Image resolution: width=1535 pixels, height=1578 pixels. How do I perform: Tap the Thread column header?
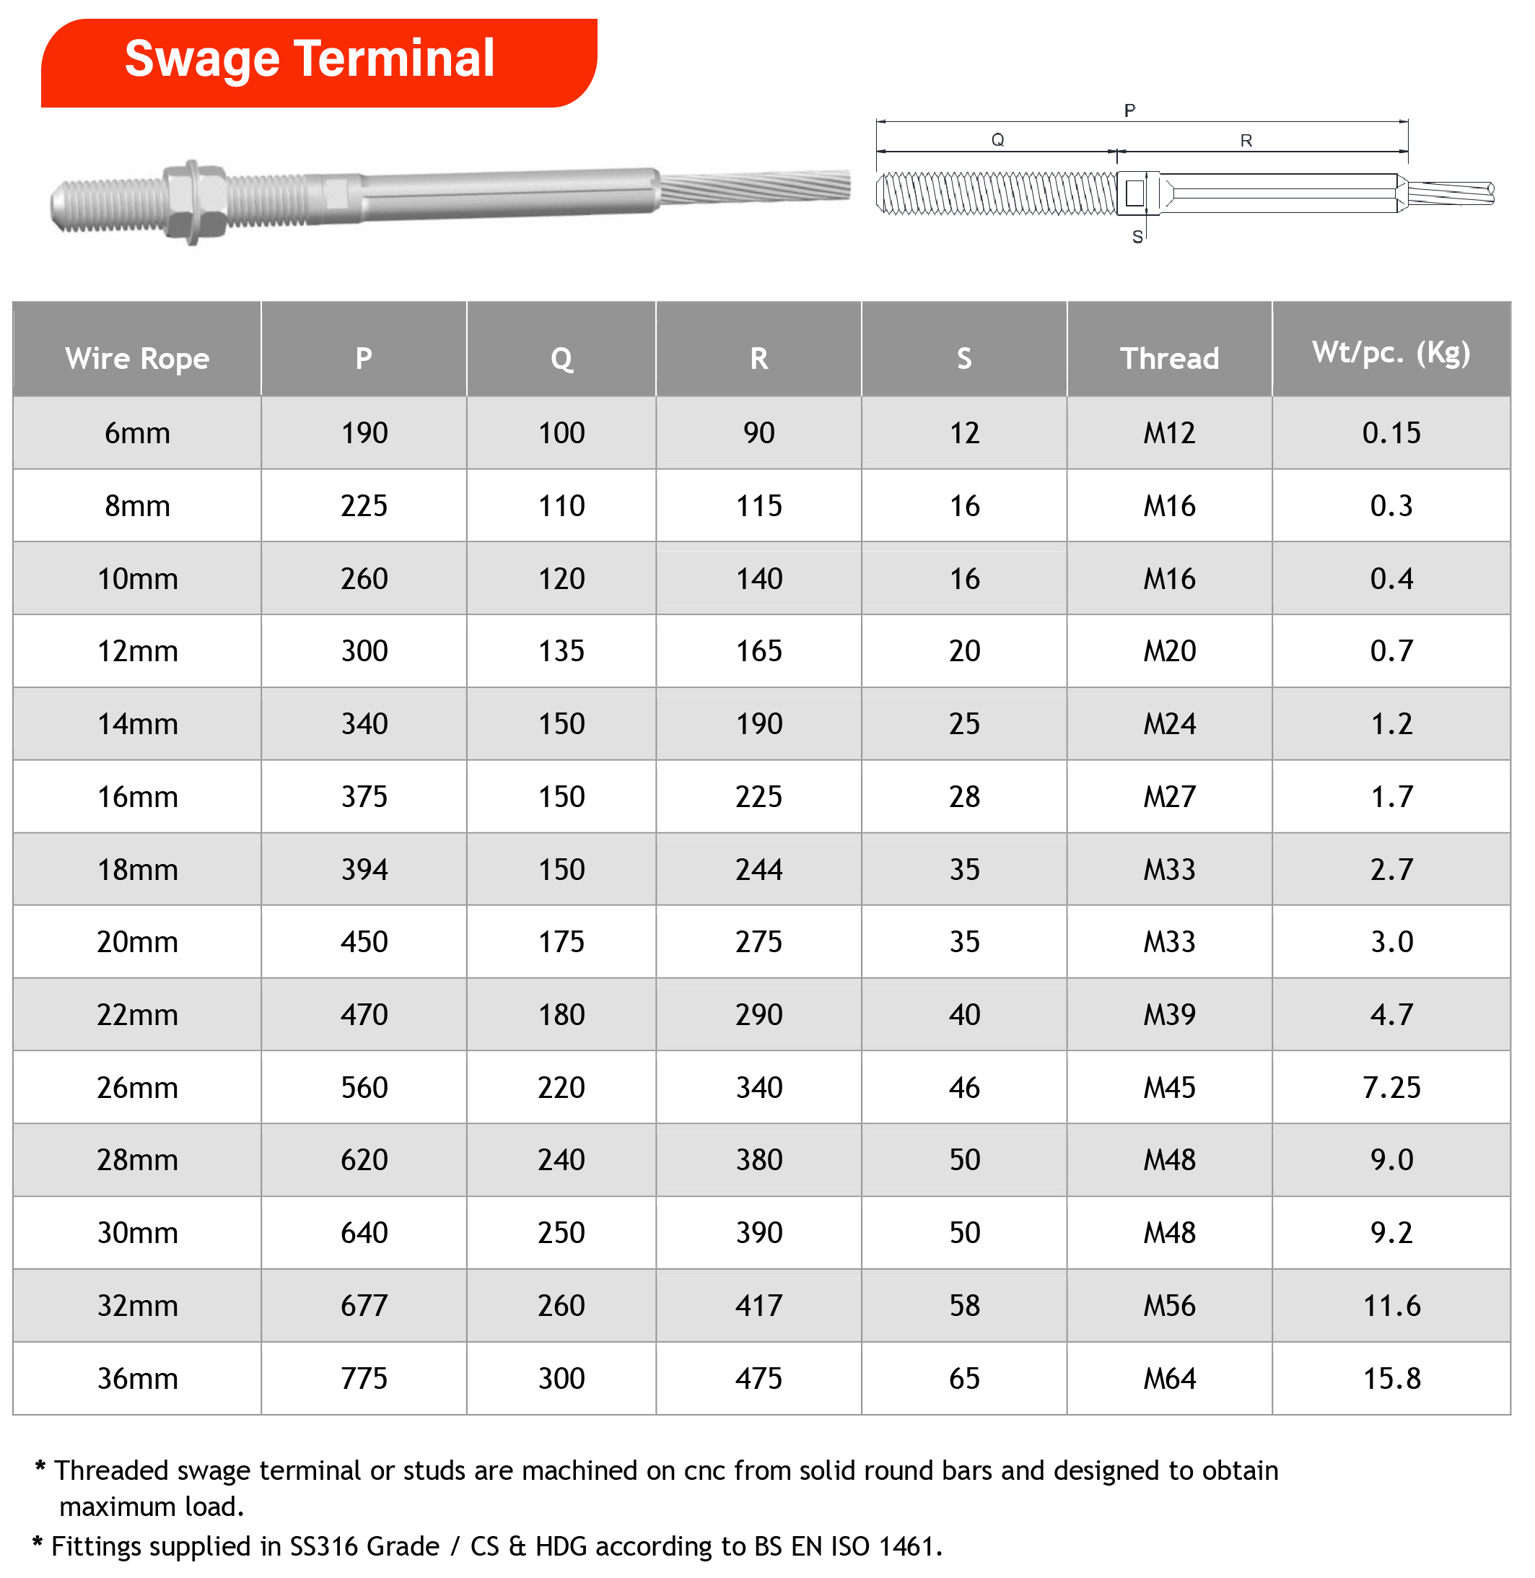(x=1169, y=358)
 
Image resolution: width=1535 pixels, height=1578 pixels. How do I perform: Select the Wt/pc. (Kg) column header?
(x=1391, y=352)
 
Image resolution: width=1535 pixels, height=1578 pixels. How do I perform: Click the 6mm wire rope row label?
(x=137, y=433)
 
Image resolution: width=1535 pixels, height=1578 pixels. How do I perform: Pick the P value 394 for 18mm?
(x=364, y=869)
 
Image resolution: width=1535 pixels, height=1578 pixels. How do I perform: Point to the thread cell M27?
(x=1169, y=797)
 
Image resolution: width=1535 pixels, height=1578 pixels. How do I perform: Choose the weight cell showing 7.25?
(x=1391, y=1087)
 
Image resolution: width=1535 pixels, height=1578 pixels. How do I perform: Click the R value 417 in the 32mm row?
(x=758, y=1305)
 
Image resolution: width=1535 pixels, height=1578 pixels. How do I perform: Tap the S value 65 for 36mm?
(x=964, y=1378)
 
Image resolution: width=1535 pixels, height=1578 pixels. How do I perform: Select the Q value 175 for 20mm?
(x=561, y=942)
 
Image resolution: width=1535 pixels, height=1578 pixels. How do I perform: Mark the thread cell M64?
(x=1169, y=1378)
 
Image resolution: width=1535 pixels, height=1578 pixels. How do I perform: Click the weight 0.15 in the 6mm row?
(x=1391, y=433)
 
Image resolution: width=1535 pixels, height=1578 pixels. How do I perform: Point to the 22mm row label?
(x=137, y=1014)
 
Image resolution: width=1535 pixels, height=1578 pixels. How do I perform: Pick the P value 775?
(x=364, y=1378)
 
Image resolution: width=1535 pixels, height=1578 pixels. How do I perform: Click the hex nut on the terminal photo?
(x=193, y=201)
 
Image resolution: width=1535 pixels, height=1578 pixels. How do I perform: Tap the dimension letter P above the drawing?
(x=1129, y=110)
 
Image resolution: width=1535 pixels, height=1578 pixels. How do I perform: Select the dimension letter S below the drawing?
(x=1137, y=237)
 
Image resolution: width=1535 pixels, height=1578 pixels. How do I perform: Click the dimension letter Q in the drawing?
(x=997, y=140)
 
